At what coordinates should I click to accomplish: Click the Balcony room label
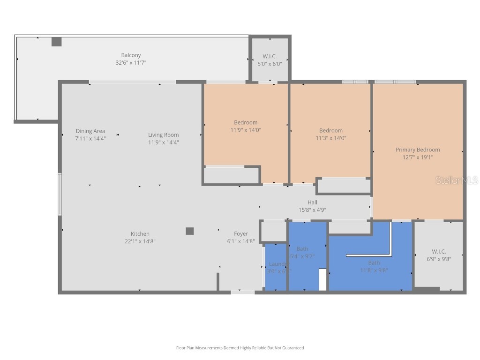[x=131, y=55]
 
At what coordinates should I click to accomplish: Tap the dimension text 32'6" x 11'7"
[x=131, y=62]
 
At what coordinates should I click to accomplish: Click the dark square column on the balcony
[x=56, y=42]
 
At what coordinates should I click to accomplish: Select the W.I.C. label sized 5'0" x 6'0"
[x=270, y=56]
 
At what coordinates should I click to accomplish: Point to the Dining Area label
[x=90, y=131]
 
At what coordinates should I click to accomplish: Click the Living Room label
[x=164, y=135]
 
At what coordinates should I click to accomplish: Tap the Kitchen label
[x=140, y=234]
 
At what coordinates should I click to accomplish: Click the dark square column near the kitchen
[x=189, y=231]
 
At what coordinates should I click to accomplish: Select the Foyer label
[x=241, y=234]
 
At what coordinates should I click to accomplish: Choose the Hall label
[x=312, y=202]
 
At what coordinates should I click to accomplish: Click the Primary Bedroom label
[x=418, y=150]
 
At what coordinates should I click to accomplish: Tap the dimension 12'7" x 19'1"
[x=418, y=157]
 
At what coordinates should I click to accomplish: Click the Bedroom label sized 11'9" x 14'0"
[x=246, y=122]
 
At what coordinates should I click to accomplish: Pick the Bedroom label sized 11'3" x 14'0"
[x=331, y=130]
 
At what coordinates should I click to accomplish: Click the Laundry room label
[x=279, y=264]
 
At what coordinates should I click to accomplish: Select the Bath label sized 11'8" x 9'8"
[x=374, y=262]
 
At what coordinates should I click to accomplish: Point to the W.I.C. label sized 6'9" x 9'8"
[x=439, y=251]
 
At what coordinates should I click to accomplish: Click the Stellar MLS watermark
[x=457, y=180]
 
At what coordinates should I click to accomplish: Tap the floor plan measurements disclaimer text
[x=240, y=348]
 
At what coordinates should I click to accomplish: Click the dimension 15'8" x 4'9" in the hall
[x=312, y=210]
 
